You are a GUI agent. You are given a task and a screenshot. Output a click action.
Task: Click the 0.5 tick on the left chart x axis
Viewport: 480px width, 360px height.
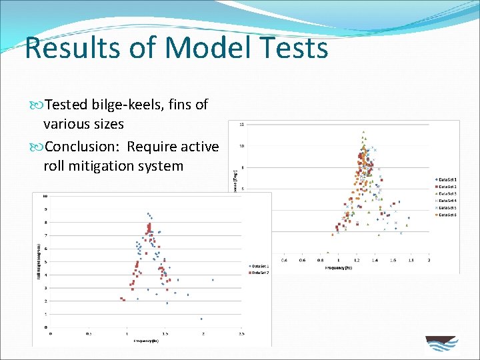point(89,333)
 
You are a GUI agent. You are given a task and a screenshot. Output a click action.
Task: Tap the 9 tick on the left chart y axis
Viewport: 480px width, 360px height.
point(45,209)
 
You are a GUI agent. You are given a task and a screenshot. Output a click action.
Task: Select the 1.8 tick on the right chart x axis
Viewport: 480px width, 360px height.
point(411,260)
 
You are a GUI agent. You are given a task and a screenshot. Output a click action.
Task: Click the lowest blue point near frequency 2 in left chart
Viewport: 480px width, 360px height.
point(201,319)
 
